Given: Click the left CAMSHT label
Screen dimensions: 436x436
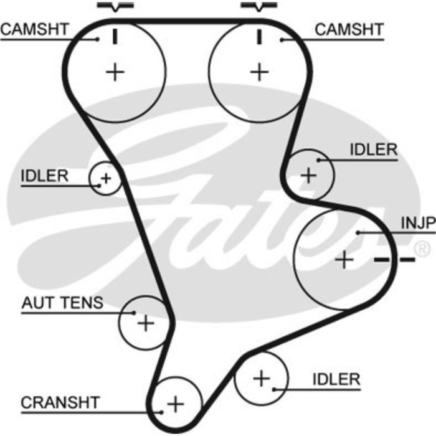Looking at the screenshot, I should tap(34, 29).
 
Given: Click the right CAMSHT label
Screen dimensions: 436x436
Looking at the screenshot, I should tap(349, 29).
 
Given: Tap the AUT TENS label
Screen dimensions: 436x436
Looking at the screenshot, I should tap(62, 303).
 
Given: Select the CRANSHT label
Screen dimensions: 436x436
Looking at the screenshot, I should tap(60, 402).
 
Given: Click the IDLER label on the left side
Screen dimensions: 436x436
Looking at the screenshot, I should tap(44, 176).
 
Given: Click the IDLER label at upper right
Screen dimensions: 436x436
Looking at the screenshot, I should tap(373, 149).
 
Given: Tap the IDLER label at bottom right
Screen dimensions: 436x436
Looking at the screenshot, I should tap(336, 379).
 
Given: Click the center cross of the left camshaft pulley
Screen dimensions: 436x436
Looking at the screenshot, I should tap(115, 72).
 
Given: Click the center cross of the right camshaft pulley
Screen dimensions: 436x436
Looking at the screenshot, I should tap(258, 72).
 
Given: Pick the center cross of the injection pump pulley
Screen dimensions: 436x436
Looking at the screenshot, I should tap(343, 258).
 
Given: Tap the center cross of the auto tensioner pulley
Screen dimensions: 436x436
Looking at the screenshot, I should tap(145, 323).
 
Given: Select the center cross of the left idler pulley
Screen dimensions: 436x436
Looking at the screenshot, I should tap(105, 179).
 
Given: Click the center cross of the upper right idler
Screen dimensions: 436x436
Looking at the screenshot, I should tap(309, 175).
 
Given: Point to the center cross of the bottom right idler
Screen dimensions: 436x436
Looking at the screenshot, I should tap(262, 377).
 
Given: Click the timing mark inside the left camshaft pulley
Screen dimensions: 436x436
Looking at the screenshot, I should tap(115, 36).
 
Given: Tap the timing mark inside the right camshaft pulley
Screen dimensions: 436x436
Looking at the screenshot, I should tap(258, 36).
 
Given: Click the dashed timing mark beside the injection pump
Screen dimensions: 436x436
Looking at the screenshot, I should tap(395, 258).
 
